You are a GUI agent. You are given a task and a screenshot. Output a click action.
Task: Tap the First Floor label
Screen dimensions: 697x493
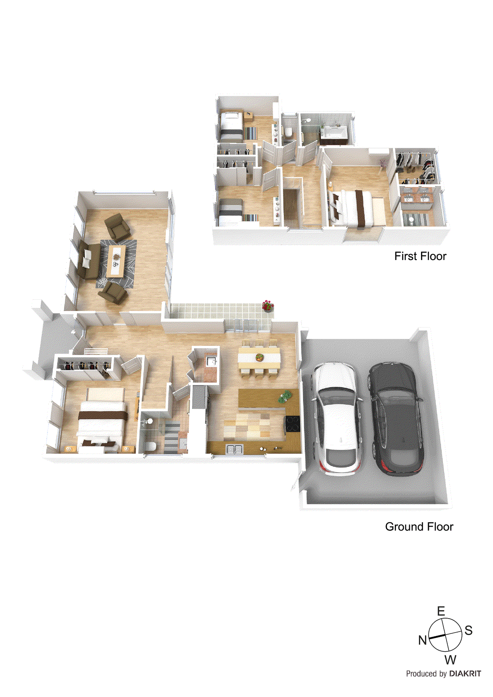click(420, 256)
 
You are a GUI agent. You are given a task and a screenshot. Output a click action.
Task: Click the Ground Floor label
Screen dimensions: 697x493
click(419, 527)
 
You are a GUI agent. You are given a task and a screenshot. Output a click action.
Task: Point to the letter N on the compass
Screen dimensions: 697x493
click(422, 640)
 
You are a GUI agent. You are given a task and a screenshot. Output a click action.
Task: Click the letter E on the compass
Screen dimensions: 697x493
click(441, 611)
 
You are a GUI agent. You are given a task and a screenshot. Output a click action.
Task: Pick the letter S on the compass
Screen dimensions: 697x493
click(469, 630)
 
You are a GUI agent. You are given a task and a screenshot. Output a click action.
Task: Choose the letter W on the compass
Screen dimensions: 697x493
click(450, 660)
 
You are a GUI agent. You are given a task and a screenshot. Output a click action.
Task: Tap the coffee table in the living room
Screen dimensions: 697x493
click(116, 261)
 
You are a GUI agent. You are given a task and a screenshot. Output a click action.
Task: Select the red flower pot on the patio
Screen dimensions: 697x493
click(268, 306)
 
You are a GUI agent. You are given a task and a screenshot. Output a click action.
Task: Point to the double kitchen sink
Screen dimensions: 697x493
click(235, 449)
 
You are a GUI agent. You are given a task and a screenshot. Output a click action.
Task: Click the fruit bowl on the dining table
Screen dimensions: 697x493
click(259, 357)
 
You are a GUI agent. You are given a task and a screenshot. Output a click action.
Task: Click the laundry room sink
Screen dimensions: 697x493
click(211, 361)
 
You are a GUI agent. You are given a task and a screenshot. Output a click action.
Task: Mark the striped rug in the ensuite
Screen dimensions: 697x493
click(414, 219)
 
